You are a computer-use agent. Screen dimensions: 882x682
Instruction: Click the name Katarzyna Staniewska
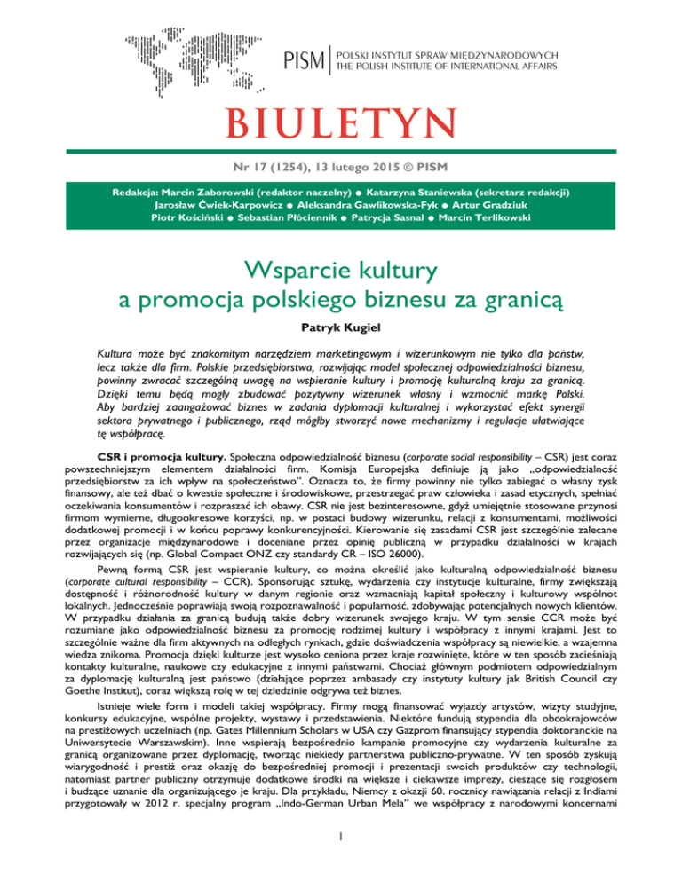(440, 191)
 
